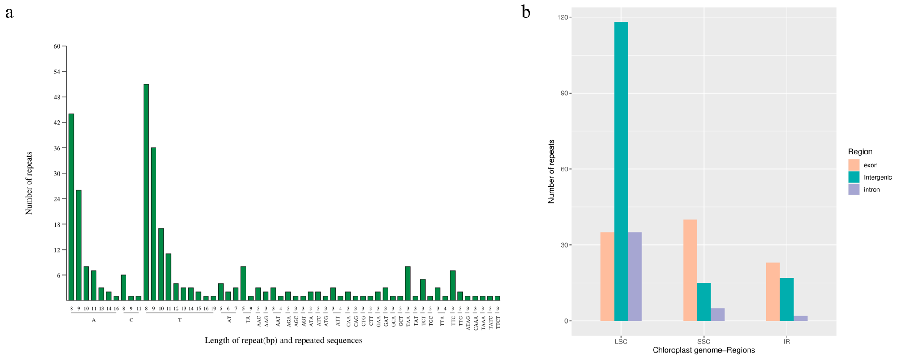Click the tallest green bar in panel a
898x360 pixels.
coord(146,192)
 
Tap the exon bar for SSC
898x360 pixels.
coord(690,270)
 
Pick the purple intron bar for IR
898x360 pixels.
coord(800,318)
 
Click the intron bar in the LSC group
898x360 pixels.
coord(635,276)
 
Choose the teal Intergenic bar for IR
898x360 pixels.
coord(787,299)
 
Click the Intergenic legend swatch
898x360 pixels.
coord(854,177)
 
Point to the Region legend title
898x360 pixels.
coord(860,152)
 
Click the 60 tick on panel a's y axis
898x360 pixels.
coord(57,46)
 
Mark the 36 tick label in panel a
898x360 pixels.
coord(57,148)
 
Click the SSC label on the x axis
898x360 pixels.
coord(703,341)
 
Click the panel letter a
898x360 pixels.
coord(9,13)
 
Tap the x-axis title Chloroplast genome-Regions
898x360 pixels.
coord(703,350)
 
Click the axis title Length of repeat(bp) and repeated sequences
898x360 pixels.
coord(283,340)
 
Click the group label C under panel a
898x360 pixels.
coord(131,320)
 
